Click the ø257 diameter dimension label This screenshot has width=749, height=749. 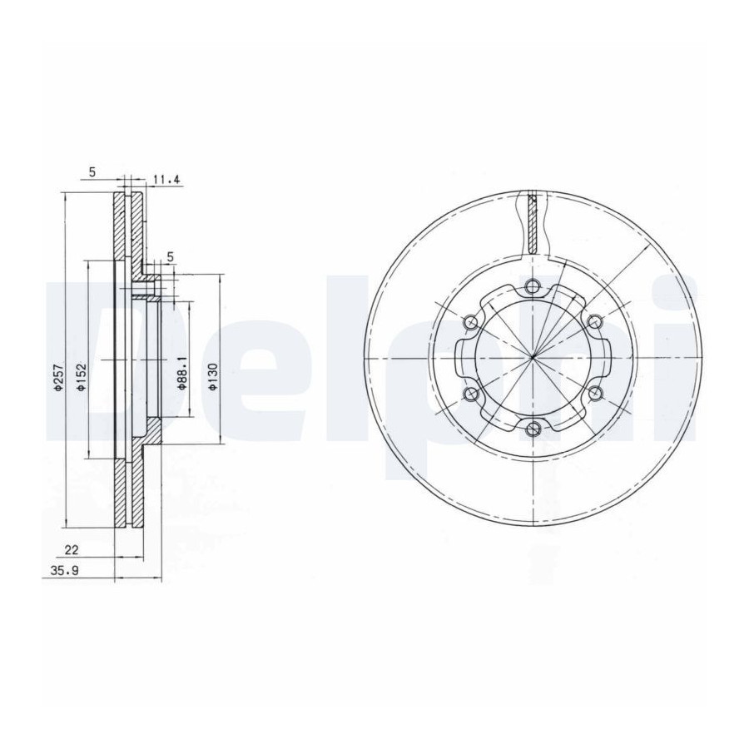pos(57,379)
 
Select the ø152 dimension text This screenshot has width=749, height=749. pos(82,379)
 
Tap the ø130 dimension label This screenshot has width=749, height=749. pos(214,376)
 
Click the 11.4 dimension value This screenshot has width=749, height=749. pos(166,180)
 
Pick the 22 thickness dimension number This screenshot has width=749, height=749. pos(72,549)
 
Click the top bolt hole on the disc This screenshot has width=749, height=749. pos(532,286)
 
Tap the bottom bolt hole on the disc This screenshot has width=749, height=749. pos(532,429)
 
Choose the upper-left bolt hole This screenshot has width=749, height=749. pos(470,322)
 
